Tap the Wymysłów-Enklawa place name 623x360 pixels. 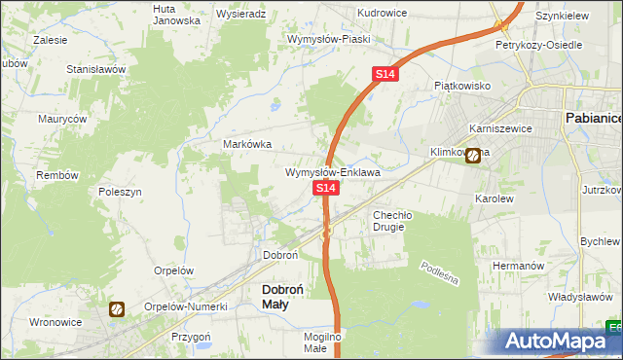[x=332, y=172]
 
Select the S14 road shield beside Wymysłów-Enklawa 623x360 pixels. [x=325, y=186]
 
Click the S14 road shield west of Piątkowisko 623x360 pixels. [x=385, y=74]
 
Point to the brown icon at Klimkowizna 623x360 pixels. [x=473, y=154]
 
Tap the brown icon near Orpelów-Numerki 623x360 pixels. [x=116, y=308]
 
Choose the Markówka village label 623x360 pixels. [x=248, y=144]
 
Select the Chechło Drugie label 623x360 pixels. [x=393, y=221]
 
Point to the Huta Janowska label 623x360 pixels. [x=176, y=14]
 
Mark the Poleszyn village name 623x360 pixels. [x=121, y=192]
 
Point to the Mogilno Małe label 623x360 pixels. [x=321, y=342]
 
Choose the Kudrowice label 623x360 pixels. [x=382, y=13]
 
